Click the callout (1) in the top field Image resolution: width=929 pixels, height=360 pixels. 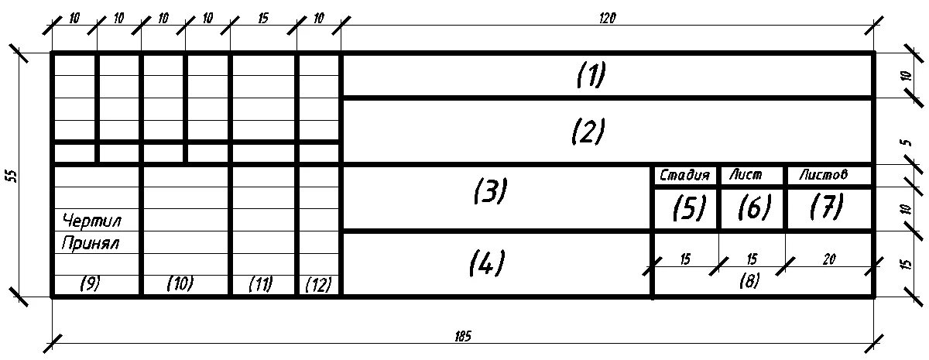[591, 75]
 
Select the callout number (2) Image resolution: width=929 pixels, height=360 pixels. [588, 132]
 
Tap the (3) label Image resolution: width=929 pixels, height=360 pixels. [489, 190]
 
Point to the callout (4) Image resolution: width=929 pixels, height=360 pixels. [487, 263]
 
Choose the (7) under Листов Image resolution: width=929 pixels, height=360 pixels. [826, 207]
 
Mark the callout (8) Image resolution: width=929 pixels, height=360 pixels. [749, 282]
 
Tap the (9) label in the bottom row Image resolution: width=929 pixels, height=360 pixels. [90, 284]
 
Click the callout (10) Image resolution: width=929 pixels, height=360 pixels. [180, 284]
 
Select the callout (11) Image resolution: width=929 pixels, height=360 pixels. [261, 284]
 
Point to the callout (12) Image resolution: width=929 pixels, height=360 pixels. [317, 285]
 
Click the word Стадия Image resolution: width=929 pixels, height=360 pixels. [684, 175]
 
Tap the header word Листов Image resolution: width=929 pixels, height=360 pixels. [823, 175]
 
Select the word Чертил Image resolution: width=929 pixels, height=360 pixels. [91, 221]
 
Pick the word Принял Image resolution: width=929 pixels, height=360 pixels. [91, 243]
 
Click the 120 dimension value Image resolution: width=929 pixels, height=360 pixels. [607, 19]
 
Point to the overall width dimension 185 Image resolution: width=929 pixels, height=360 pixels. [463, 337]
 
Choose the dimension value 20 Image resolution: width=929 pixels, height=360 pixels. [828, 259]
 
